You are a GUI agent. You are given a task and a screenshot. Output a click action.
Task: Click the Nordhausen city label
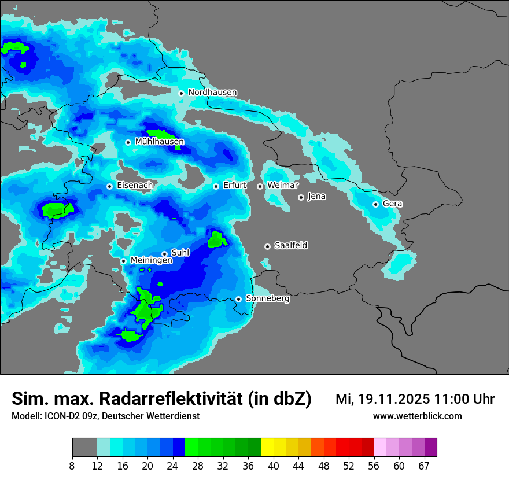[212, 93]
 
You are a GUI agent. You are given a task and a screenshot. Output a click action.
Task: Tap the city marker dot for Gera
[375, 204]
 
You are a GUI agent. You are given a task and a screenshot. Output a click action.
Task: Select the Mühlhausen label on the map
[159, 142]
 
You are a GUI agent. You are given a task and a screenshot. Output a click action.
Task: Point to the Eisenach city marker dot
[109, 186]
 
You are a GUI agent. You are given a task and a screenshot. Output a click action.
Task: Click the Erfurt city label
[234, 186]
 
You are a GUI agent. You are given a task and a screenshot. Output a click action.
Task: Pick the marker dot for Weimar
[260, 186]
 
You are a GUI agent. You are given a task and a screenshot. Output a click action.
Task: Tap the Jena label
[316, 197]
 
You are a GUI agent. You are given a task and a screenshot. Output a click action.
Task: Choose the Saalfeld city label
[290, 246]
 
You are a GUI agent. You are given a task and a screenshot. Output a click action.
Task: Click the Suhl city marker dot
[164, 254]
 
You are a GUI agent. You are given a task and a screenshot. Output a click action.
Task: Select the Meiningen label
[151, 261]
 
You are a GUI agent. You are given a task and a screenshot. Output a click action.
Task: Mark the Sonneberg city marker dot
[238, 299]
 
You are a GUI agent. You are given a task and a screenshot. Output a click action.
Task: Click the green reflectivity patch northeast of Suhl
[217, 239]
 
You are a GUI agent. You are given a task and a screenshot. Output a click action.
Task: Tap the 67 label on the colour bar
[424, 466]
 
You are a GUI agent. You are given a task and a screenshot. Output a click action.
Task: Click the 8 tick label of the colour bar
[72, 466]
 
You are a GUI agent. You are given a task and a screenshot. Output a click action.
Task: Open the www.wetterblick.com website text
[417, 416]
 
